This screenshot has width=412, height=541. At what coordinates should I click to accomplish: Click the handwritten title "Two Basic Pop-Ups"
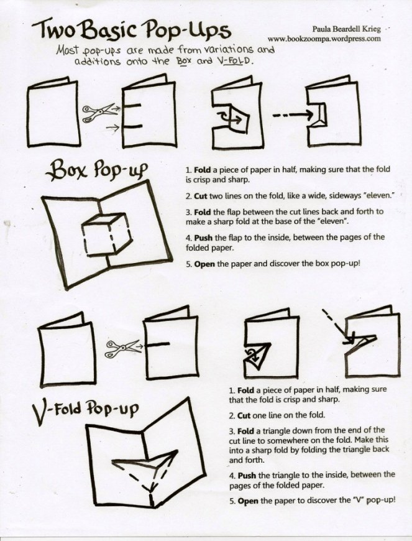point(131,29)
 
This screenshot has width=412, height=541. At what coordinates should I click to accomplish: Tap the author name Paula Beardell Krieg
point(347,29)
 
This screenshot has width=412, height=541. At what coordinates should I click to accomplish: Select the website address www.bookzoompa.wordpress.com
point(324,39)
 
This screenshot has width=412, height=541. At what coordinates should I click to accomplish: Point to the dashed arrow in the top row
point(293,116)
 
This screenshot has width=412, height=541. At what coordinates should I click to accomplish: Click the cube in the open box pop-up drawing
point(107,234)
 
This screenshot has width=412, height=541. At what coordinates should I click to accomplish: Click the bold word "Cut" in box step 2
point(201,197)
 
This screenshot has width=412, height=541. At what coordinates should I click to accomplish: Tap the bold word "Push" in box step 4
point(203,238)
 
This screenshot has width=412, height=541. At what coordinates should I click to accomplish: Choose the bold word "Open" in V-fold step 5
point(248,501)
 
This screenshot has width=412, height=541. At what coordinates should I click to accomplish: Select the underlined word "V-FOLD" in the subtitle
point(236,62)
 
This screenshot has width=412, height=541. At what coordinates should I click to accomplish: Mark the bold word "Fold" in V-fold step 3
point(245,431)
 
